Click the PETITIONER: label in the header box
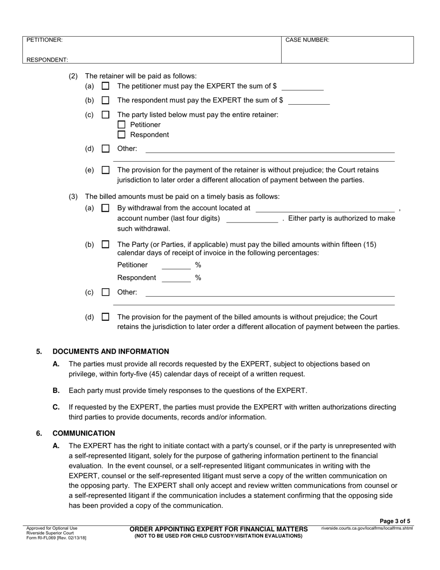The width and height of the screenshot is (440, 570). (x=44, y=40)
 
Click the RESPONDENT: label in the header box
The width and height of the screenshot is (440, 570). (x=47, y=60)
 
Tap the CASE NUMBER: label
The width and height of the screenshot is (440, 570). (x=307, y=40)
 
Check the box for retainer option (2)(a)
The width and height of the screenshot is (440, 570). (x=106, y=86)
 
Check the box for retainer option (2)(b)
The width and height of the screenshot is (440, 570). (x=106, y=100)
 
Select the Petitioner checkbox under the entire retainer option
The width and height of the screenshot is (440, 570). (x=121, y=125)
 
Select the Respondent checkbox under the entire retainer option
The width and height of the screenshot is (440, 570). (x=121, y=135)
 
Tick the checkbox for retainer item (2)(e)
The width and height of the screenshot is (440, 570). (x=106, y=170)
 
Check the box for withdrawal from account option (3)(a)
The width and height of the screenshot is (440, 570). (x=106, y=209)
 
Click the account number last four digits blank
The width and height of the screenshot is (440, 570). (x=252, y=219)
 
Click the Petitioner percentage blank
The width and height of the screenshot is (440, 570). (x=176, y=266)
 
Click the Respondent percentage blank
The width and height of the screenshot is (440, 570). (x=176, y=278)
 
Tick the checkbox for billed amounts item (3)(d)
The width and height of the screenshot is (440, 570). (x=106, y=317)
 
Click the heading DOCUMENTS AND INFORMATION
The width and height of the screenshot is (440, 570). (x=111, y=351)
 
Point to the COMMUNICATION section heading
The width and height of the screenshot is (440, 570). (x=84, y=433)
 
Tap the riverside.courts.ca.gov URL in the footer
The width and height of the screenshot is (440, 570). (x=367, y=528)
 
